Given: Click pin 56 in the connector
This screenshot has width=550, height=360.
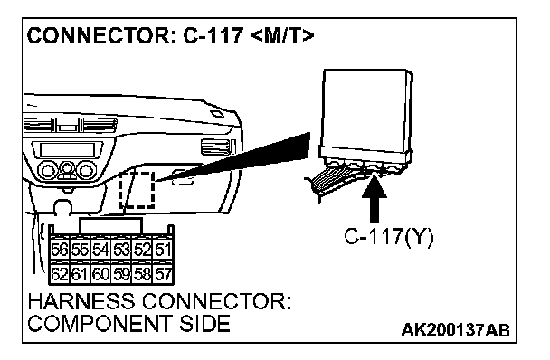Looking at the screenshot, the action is [x=60, y=250].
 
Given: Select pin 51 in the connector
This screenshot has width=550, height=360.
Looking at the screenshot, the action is [x=163, y=250].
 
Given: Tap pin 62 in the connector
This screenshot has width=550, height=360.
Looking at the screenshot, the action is [x=60, y=274].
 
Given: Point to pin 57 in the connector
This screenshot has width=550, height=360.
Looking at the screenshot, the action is [x=163, y=274].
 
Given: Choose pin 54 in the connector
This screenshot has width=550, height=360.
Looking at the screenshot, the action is [x=100, y=250].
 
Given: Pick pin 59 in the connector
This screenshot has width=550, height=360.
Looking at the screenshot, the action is [x=121, y=274].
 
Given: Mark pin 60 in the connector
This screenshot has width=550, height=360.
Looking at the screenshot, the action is [x=100, y=274].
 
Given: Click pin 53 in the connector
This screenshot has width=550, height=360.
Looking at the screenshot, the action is [x=121, y=250].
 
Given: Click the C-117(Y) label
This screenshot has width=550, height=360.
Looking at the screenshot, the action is [x=389, y=237].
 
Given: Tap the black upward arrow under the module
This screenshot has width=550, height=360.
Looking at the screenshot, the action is [x=375, y=199].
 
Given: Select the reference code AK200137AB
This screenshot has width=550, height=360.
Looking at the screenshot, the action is [x=455, y=330].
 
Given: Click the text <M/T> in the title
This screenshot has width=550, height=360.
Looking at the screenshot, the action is [x=283, y=35].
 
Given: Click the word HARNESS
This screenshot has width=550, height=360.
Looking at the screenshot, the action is [x=81, y=301].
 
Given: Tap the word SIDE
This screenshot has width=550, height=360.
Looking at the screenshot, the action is [x=204, y=323].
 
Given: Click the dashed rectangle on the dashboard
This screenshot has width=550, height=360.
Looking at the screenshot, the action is [x=137, y=190].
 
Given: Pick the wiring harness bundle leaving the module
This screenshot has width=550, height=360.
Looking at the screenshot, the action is [x=333, y=181].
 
